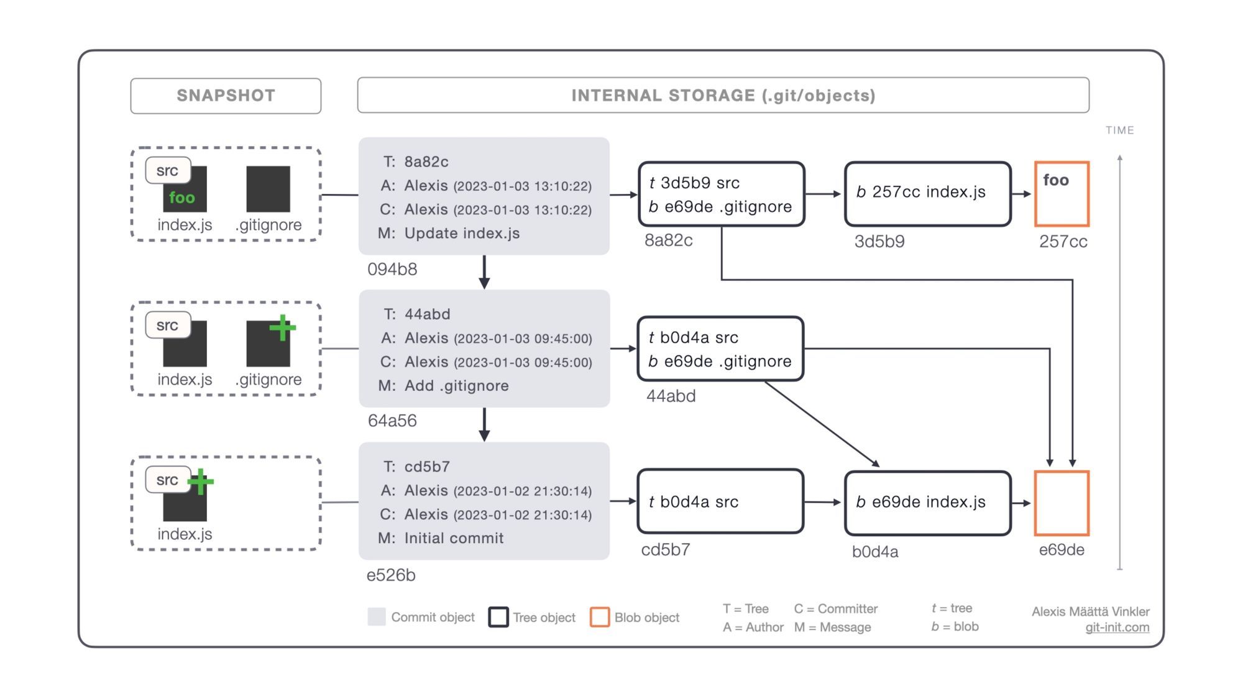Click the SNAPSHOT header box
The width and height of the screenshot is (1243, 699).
226,96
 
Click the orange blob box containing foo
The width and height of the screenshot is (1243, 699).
1062,194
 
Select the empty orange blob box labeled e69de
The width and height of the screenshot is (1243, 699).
1062,503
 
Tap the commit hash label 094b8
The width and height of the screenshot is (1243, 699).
392,269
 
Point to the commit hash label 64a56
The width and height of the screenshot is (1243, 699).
392,421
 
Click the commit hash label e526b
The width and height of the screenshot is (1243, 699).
391,575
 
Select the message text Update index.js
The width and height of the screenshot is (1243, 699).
462,233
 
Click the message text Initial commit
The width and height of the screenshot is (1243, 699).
454,538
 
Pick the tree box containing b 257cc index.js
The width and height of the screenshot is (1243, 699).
927,194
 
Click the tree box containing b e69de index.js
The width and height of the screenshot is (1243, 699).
927,503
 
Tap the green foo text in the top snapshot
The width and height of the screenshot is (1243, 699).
182,198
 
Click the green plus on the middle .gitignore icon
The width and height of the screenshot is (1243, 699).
283,327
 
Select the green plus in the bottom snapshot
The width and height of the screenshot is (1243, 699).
200,482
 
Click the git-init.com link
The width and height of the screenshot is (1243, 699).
1117,628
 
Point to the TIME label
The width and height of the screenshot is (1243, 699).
1119,130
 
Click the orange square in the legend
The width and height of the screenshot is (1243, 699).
600,617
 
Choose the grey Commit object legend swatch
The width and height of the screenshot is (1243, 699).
377,617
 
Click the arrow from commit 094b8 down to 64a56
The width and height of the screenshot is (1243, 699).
484,272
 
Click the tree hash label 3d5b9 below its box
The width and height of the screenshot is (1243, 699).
879,242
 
